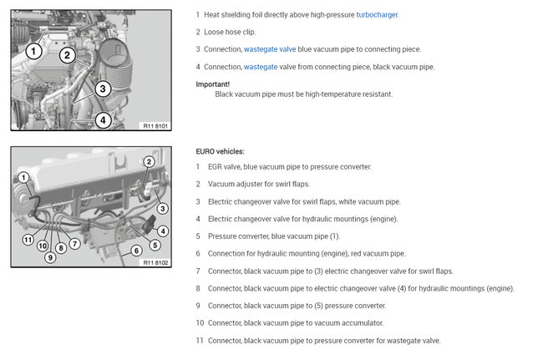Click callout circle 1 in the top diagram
33,51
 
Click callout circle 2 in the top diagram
69,56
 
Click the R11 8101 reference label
155,126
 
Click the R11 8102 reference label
155,262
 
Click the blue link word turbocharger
375,15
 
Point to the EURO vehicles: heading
220,151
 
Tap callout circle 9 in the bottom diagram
50,257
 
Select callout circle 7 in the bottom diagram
74,243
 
